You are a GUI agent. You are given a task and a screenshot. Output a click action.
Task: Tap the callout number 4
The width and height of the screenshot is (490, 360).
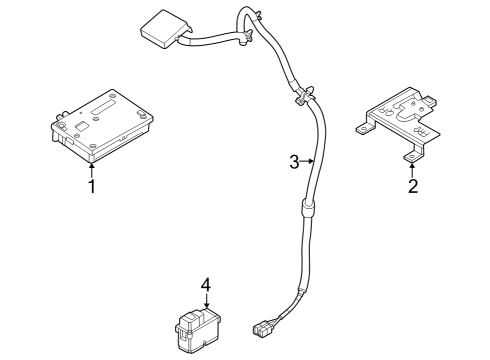coord(206,285)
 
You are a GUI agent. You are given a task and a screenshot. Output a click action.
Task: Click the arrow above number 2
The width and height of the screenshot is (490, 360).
coord(412,169)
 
